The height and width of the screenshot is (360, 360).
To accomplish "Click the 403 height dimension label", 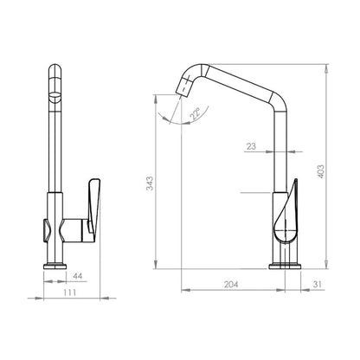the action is tap(321, 171).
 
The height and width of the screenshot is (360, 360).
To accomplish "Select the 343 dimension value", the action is tap(150, 183).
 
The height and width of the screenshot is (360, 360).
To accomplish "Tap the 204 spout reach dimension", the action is tap(231, 285).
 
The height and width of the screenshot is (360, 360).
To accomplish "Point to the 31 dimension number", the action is tap(317, 285).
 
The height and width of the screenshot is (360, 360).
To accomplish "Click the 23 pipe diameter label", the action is tap(251, 146).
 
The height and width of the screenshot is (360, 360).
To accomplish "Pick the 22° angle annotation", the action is tap(195, 113).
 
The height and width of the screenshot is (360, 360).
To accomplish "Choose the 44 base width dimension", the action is tap(77, 276).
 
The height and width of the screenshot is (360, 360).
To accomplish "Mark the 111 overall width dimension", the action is tap(69, 292).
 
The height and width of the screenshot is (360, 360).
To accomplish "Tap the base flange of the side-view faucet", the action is tap(285, 267).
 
